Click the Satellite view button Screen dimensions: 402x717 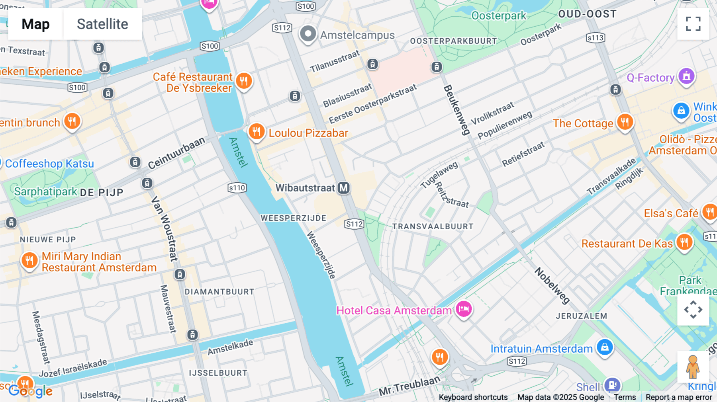[102, 24]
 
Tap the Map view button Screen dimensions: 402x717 [35, 24]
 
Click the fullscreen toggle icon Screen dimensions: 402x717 [693, 24]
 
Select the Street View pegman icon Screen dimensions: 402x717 [693, 367]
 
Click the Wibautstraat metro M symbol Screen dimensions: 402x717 [343, 188]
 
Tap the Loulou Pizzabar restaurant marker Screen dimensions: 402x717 [257, 131]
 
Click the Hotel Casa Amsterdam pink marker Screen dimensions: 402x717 [464, 309]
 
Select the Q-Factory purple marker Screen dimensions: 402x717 [686, 76]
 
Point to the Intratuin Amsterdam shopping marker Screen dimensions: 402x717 [605, 347]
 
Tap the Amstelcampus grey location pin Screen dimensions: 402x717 [308, 34]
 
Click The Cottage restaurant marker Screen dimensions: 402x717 [625, 122]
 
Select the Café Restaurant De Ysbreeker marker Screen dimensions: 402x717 [244, 81]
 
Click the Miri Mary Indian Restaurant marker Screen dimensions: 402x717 [29, 261]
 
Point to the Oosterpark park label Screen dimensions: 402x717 [499, 16]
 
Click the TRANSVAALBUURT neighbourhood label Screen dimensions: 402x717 [433, 226]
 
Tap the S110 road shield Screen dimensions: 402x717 [237, 188]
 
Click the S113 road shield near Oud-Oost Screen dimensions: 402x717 [596, 38]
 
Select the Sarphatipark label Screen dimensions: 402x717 [45, 191]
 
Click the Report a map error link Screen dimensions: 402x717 [679, 397]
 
